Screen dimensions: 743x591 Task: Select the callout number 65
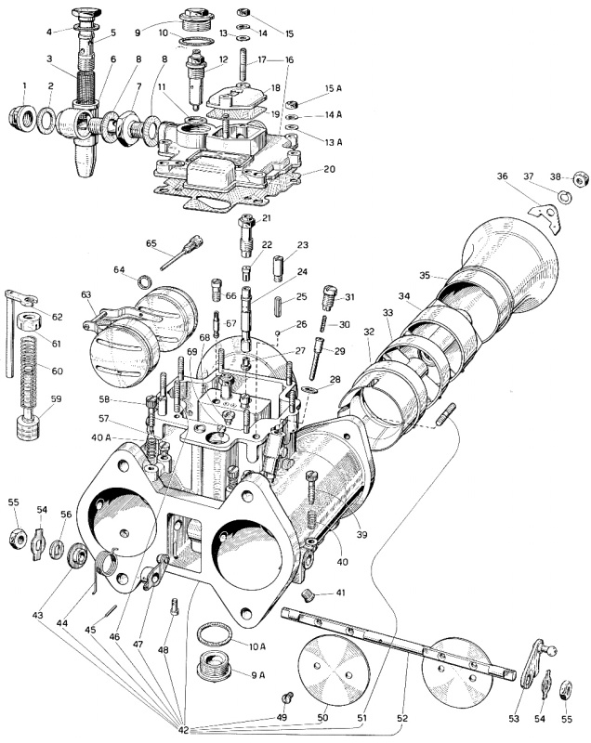(x=151, y=243)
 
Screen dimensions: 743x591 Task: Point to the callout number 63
(x=86, y=294)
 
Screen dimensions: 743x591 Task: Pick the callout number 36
(x=502, y=176)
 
